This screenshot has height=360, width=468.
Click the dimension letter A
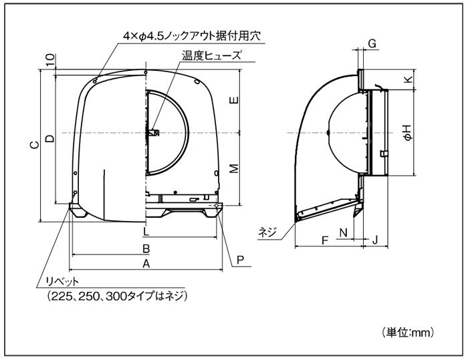(x=146, y=264)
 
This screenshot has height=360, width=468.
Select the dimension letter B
(x=146, y=248)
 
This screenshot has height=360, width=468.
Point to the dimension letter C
(x=35, y=145)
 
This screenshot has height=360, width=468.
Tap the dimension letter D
(x=50, y=138)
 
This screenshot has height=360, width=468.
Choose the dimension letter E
(x=235, y=100)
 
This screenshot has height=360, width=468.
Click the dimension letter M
(x=235, y=168)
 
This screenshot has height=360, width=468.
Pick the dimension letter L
(x=145, y=231)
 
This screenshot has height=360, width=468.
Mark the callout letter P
(x=240, y=260)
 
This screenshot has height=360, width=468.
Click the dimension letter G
(x=372, y=44)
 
